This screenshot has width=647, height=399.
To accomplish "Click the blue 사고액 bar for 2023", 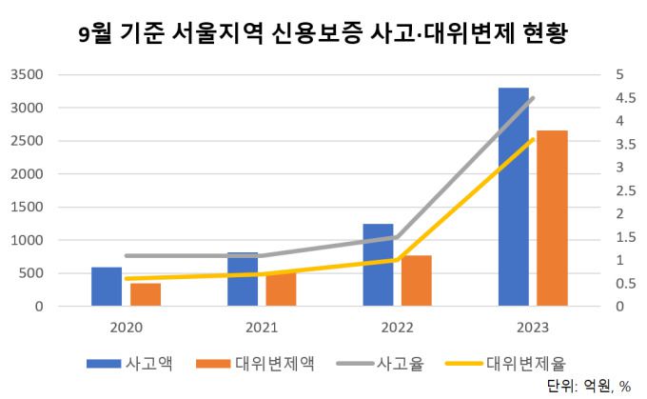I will tap(514, 197).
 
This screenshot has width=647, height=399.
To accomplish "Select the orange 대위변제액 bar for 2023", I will tap(553, 218).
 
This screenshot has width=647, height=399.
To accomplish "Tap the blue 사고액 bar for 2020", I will tap(107, 287).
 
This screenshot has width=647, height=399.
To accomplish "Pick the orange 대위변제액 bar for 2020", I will tap(146, 294).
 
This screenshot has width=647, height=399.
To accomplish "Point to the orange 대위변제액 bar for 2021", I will tap(281, 290).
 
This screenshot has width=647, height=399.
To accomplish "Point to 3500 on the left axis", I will tap(27, 74).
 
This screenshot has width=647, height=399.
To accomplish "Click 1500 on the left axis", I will tap(27, 207).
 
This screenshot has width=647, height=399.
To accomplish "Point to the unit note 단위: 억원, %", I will tap(588, 387).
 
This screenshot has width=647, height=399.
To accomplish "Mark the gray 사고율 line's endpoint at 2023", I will tap(533, 98).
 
